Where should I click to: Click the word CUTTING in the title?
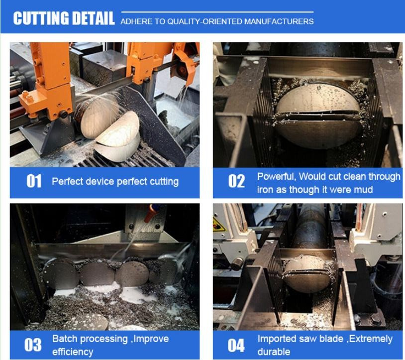(x=41, y=18)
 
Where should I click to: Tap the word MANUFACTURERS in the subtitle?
(x=279, y=21)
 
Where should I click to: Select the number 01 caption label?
(x=34, y=181)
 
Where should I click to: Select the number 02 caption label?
(x=236, y=181)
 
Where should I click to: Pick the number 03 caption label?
(x=33, y=345)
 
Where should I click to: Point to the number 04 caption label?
(x=236, y=345)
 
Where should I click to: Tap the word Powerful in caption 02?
(x=276, y=176)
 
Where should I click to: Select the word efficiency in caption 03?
(x=73, y=352)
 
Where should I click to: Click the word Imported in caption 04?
(x=274, y=339)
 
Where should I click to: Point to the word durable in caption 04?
(x=274, y=352)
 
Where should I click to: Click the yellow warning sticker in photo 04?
(x=218, y=224)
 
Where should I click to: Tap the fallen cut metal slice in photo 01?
(x=117, y=137)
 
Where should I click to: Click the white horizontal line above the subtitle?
(x=217, y=12)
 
